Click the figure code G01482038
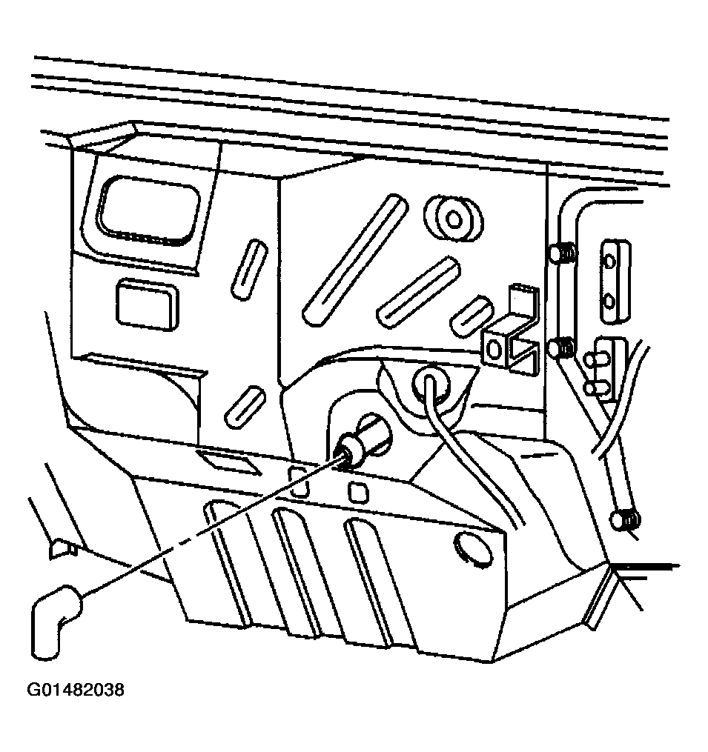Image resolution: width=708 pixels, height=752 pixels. point(76,690)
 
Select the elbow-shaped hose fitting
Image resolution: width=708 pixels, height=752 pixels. point(54,619)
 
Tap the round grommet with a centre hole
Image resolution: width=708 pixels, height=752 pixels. point(454,219)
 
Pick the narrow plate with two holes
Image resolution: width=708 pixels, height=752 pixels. point(615,282)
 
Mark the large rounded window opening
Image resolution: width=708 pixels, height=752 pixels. point(148,211)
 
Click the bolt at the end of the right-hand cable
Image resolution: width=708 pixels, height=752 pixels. point(626,519)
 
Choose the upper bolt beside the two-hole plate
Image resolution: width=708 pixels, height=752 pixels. point(563,253)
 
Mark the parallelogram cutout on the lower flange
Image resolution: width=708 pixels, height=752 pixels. point(228,462)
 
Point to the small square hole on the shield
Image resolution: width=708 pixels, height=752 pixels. point(359,492)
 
